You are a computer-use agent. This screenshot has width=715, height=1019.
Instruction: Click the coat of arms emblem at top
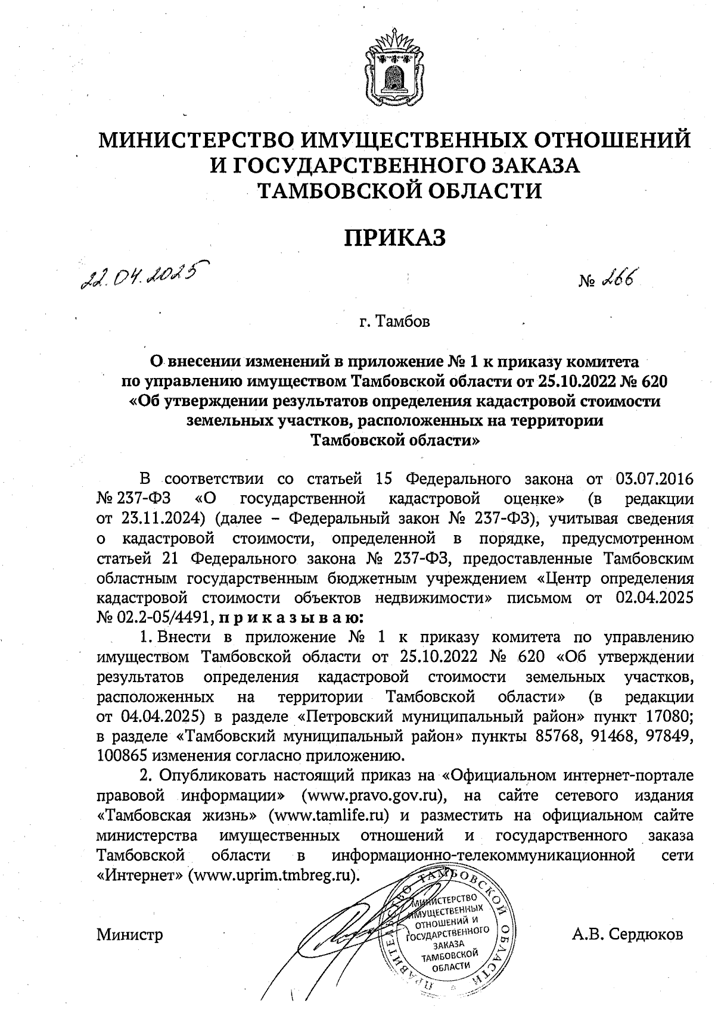click(393, 65)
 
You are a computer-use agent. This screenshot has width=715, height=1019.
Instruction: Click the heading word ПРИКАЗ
click(395, 237)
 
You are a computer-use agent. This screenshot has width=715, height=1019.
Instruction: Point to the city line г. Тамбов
click(395, 322)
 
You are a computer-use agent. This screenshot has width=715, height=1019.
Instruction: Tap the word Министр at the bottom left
click(129, 934)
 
